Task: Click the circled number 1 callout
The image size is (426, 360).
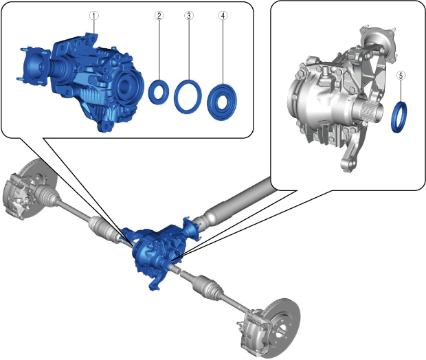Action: pos(94,16)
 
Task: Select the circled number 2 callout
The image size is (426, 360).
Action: pos(159,16)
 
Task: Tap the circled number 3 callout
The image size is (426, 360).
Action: pos(189,16)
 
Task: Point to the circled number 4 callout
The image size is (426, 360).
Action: pos(223,16)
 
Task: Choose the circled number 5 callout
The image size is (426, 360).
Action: pos(401,76)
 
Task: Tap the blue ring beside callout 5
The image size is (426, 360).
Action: pos(394,117)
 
